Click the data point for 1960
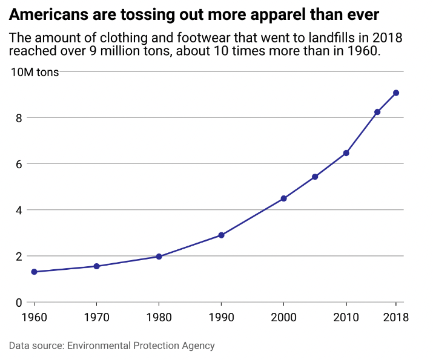34,272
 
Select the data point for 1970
96,266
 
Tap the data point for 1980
159,257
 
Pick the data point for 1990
221,235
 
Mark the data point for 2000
283,198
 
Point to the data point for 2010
346,153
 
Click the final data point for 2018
396,93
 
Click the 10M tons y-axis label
35,72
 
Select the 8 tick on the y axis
19,118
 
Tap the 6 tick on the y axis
19,164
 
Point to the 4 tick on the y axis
19,210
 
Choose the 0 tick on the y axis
19,303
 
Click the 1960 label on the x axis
34,318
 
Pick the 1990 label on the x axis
221,318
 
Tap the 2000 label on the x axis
283,318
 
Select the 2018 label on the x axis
396,318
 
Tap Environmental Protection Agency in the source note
141,346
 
